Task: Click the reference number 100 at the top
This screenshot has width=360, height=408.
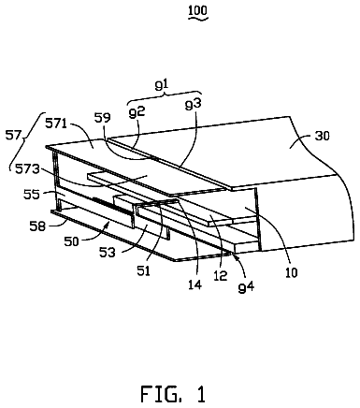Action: click(197, 10)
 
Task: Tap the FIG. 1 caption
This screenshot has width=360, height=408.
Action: click(173, 394)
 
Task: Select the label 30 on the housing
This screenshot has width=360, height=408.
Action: click(322, 136)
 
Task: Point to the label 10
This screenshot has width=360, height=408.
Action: click(291, 272)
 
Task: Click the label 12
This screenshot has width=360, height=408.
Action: click(221, 275)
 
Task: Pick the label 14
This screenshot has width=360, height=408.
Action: click(194, 284)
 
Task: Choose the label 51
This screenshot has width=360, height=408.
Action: click(143, 270)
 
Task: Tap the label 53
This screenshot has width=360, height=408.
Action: click(107, 252)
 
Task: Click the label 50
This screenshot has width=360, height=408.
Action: click(71, 241)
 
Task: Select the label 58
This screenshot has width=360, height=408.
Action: click(37, 226)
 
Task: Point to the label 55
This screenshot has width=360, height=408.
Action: click(32, 194)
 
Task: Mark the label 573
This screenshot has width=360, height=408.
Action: click(29, 169)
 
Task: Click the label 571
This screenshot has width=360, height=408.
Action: click(56, 124)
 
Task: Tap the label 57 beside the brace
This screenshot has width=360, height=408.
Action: click(14, 136)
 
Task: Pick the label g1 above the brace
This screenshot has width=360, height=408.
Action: click(162, 84)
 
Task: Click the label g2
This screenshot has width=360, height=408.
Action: click(137, 112)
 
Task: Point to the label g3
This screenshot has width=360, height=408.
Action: click(193, 104)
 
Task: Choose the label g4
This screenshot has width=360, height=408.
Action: click(246, 286)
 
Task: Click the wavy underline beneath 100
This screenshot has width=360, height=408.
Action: click(198, 19)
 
